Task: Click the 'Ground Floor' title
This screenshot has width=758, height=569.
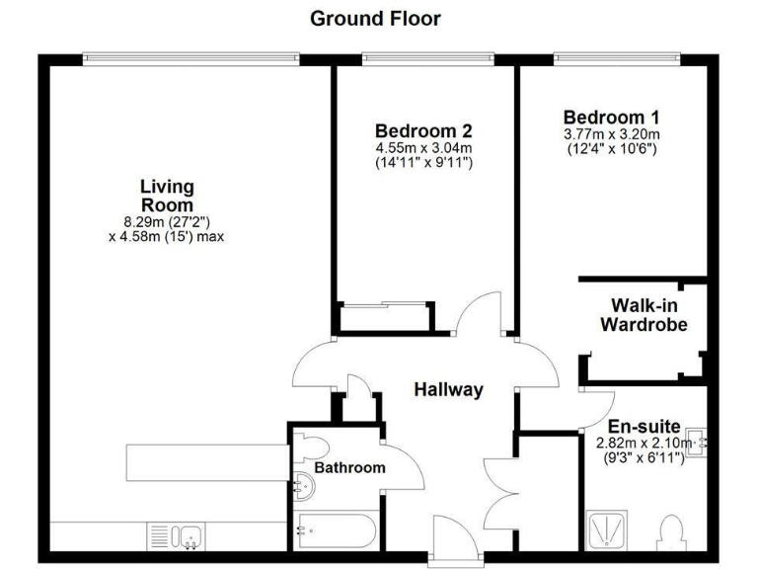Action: [x=375, y=18]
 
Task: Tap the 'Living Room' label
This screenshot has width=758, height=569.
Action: [x=167, y=196]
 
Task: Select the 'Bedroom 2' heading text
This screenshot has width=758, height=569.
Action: [x=423, y=130]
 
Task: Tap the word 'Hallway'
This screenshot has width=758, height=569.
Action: [x=448, y=389]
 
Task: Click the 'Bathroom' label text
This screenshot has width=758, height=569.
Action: [x=350, y=467]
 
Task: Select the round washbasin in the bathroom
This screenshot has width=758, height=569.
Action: [x=303, y=483]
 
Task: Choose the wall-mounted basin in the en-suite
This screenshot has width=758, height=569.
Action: [x=701, y=443]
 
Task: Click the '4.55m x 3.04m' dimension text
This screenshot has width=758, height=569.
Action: [x=423, y=148]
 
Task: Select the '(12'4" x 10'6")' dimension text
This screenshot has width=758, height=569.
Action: [x=611, y=148]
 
